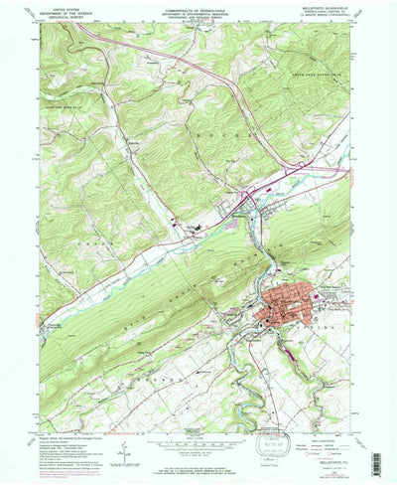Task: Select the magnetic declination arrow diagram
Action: point(126,455)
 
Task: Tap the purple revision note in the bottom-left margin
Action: point(60,469)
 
